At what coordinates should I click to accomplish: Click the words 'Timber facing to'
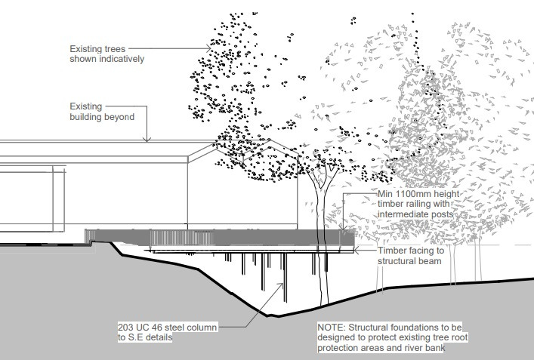(411, 250)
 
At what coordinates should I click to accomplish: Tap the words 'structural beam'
(411, 261)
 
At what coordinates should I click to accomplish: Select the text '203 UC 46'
(142, 328)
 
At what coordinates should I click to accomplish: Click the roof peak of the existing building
(202, 146)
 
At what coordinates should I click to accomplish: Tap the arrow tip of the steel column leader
(285, 283)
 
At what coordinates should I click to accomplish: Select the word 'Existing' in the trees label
(86, 48)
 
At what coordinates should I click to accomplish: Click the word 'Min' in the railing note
(386, 193)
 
